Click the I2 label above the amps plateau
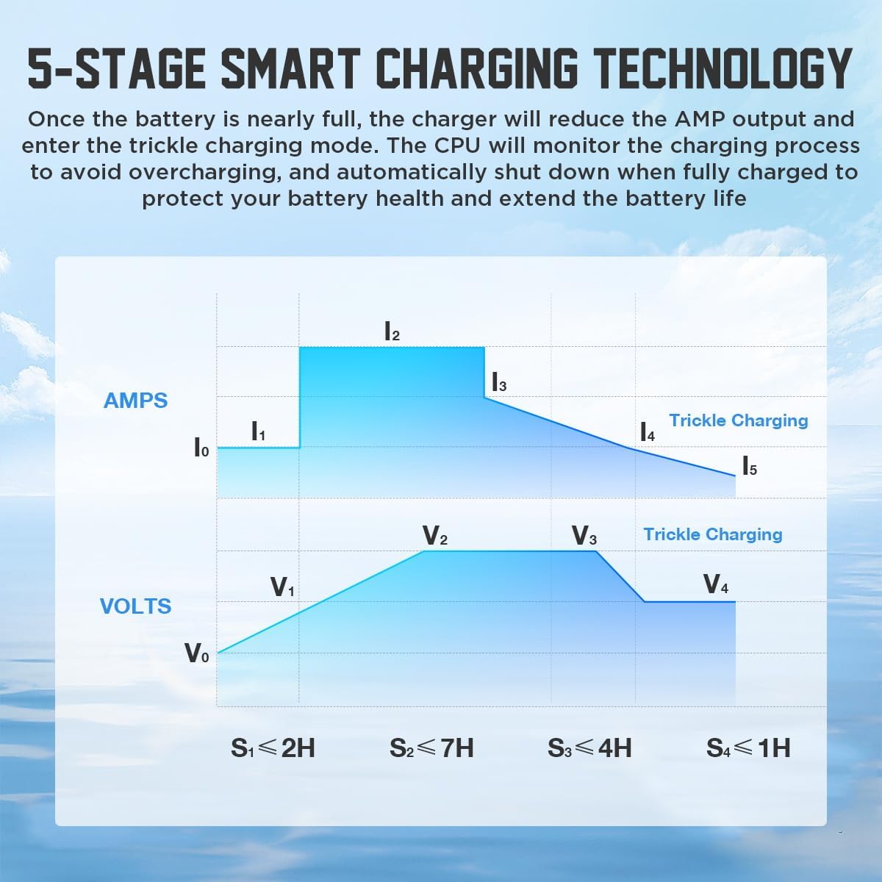pyautogui.click(x=392, y=332)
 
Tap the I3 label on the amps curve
pyautogui.click(x=499, y=383)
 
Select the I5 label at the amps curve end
pyautogui.click(x=749, y=467)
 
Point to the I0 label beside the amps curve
pyautogui.click(x=201, y=447)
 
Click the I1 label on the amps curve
pyautogui.click(x=258, y=431)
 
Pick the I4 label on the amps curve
pyautogui.click(x=648, y=432)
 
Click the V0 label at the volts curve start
pyautogui.click(x=196, y=653)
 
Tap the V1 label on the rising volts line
pyautogui.click(x=283, y=587)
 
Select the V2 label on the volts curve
pyautogui.click(x=435, y=536)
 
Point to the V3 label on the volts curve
pyautogui.click(x=584, y=536)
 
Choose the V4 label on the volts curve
pyautogui.click(x=716, y=584)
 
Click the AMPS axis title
pyautogui.click(x=135, y=401)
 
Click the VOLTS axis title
pyautogui.click(x=135, y=606)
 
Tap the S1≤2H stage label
pyautogui.click(x=273, y=748)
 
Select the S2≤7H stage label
pyautogui.click(x=431, y=748)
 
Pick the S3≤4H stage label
pyautogui.click(x=589, y=748)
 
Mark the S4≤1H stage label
pyautogui.click(x=748, y=748)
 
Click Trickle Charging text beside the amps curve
pyautogui.click(x=738, y=420)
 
